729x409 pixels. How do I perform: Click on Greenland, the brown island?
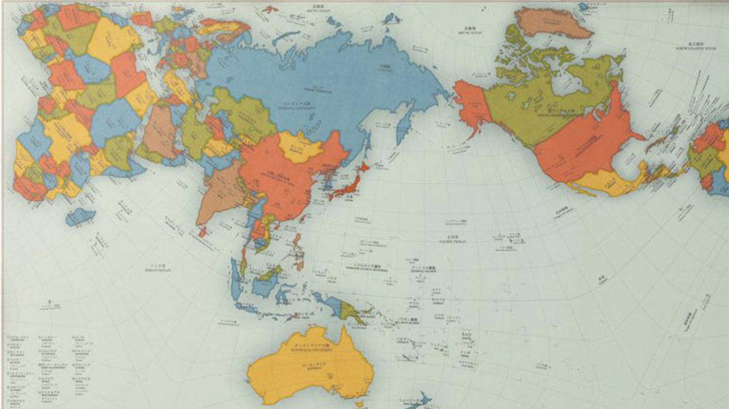pyautogui.click(x=550, y=24)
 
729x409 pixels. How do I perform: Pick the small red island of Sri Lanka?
pyautogui.click(x=202, y=232)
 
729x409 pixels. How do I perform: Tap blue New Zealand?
pyautogui.click(x=419, y=400)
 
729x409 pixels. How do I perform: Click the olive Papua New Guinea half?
pyautogui.click(x=351, y=311)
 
